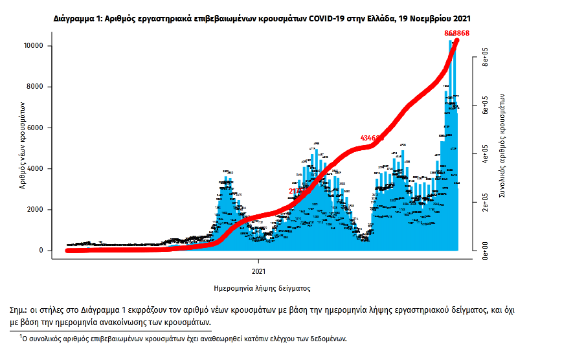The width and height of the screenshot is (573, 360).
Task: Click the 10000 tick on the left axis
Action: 33,46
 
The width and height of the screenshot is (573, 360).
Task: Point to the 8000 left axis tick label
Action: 35,87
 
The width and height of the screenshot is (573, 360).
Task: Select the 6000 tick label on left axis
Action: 35,128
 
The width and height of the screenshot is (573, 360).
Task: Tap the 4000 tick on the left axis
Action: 35,169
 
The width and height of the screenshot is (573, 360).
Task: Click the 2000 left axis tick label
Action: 35,210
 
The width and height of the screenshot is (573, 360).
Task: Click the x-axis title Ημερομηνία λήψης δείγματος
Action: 262,287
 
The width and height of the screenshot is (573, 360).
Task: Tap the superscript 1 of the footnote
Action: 21,336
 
